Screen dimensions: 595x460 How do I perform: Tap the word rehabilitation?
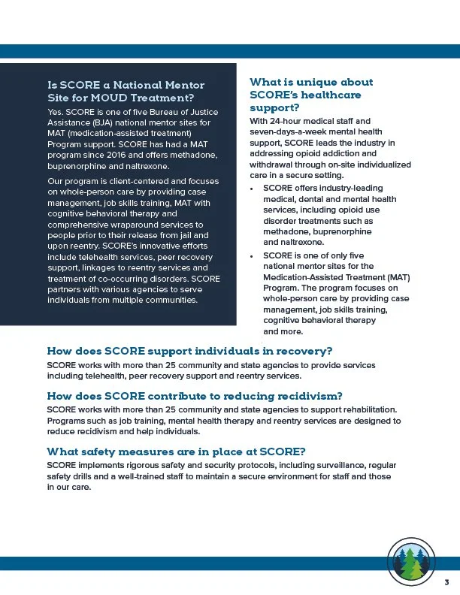click(364, 409)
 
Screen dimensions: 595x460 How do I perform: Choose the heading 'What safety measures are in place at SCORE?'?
click(176, 452)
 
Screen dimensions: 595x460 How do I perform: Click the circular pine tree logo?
click(409, 560)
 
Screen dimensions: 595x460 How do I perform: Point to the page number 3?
click(446, 583)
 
